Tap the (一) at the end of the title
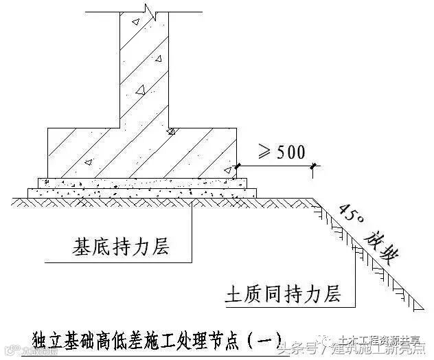tap(265, 338)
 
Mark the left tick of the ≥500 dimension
tap(238, 165)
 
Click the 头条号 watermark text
tap(305, 345)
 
